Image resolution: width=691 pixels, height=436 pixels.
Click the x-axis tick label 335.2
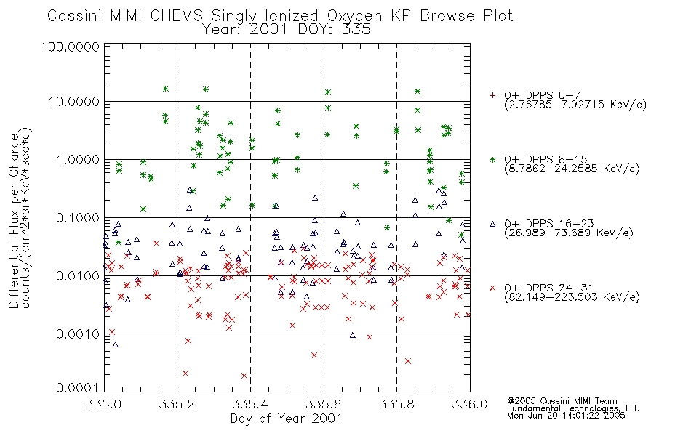click(x=177, y=404)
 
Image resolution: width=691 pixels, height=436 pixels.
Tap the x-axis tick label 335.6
click(x=324, y=404)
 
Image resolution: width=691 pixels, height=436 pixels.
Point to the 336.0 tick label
click(x=470, y=404)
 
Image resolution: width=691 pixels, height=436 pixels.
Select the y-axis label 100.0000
click(x=70, y=47)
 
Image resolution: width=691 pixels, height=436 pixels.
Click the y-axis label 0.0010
click(x=78, y=334)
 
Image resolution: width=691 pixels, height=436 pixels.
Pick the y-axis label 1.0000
click(x=78, y=159)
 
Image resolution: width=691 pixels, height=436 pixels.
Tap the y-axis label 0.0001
click(x=78, y=387)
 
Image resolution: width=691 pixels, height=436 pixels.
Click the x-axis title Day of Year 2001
click(x=286, y=419)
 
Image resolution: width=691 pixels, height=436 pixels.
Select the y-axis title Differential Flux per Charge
click(x=14, y=222)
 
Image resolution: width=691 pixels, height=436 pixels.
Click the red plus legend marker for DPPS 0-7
click(x=492, y=95)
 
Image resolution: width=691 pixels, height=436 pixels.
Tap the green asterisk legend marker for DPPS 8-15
click(x=492, y=159)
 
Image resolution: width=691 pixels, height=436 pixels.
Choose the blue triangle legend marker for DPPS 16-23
click(x=492, y=224)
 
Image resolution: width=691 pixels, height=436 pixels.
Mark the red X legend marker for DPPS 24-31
click(x=492, y=288)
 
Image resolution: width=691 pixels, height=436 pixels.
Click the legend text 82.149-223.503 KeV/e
click(x=572, y=297)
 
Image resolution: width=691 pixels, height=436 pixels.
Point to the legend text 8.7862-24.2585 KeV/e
click(x=572, y=169)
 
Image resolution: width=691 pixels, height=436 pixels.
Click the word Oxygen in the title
click(x=355, y=16)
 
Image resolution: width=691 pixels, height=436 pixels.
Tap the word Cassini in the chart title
click(x=75, y=16)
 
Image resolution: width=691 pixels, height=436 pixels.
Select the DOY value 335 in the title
click(x=356, y=30)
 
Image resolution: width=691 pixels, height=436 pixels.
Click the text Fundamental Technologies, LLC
click(x=573, y=408)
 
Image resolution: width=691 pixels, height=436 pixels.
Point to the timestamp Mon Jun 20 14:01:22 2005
click(x=566, y=416)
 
